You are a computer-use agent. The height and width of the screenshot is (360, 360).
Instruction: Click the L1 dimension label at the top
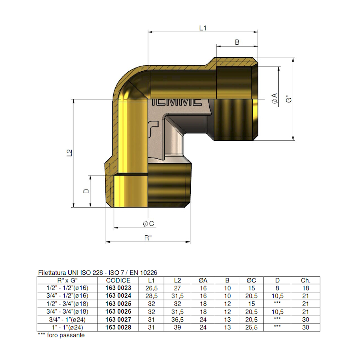(x=203, y=28)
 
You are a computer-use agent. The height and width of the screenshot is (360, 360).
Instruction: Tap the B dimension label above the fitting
(x=237, y=42)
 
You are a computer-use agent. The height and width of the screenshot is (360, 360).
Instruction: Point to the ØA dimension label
(x=274, y=99)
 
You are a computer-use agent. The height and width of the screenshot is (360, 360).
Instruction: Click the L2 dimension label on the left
(x=69, y=153)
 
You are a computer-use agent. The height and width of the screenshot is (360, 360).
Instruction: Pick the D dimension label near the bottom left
(x=86, y=191)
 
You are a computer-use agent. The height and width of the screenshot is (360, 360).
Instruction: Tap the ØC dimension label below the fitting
(x=148, y=223)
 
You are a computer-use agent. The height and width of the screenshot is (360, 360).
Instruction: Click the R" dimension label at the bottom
(x=148, y=238)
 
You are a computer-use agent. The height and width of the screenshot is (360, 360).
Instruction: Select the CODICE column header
(x=118, y=280)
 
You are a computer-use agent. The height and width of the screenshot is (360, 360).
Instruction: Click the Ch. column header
(x=306, y=280)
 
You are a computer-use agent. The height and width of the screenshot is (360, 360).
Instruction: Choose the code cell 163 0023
(x=118, y=288)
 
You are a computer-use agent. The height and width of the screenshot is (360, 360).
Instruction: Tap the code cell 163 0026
(x=118, y=312)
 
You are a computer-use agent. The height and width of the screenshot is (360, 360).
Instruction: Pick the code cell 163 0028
(x=118, y=327)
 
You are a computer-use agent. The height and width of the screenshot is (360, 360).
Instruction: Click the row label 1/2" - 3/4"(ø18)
(x=67, y=304)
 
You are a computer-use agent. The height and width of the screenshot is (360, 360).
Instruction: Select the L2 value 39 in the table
(x=178, y=327)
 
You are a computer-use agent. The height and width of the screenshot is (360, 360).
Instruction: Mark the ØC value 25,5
(x=252, y=327)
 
